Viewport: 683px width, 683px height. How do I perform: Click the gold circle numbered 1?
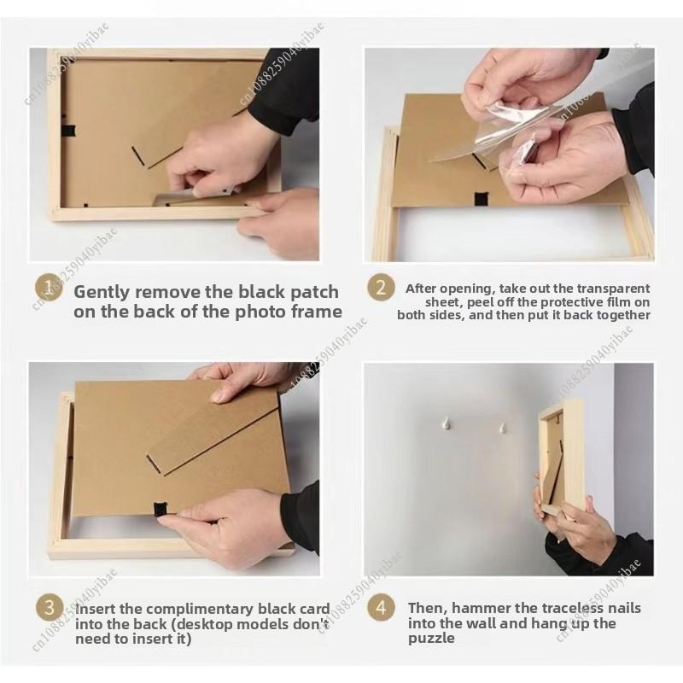[x=49, y=288]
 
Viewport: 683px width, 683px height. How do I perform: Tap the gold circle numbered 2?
[x=381, y=288]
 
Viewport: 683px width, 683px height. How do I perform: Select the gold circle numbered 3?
[x=50, y=607]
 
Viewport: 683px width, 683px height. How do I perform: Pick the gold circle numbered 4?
[x=381, y=607]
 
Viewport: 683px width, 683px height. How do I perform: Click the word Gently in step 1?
[x=102, y=293]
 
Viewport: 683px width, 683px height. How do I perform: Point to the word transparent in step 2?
[x=613, y=289]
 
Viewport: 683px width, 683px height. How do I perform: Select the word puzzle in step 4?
[x=431, y=639]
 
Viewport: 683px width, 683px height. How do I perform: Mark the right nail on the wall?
[x=503, y=428]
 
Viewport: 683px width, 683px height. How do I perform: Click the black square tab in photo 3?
[x=161, y=509]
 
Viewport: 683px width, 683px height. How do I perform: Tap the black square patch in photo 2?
[x=481, y=199]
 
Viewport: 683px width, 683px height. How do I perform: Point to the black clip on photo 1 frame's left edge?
[x=67, y=130]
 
